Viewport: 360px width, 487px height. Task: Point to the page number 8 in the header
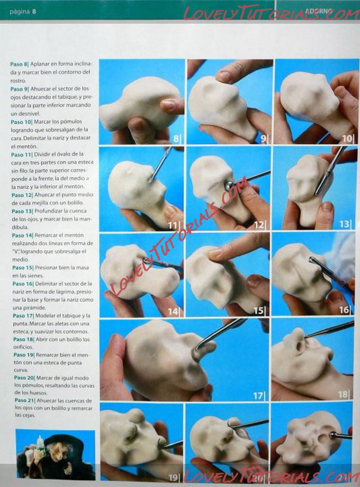pos(34,11)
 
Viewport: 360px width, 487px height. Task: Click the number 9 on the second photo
pos(263,138)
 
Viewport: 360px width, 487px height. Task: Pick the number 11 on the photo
pos(173,225)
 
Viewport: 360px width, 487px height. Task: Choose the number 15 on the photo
pos(258,310)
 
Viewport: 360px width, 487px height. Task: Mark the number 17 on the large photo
pos(258,395)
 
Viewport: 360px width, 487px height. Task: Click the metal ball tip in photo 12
pos(229,185)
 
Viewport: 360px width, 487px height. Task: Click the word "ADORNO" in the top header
pos(319,11)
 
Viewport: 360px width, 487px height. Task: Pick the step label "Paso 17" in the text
pos(23,316)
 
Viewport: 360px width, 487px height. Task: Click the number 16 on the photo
pos(344,310)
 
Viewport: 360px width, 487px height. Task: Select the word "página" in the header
pos(20,12)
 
